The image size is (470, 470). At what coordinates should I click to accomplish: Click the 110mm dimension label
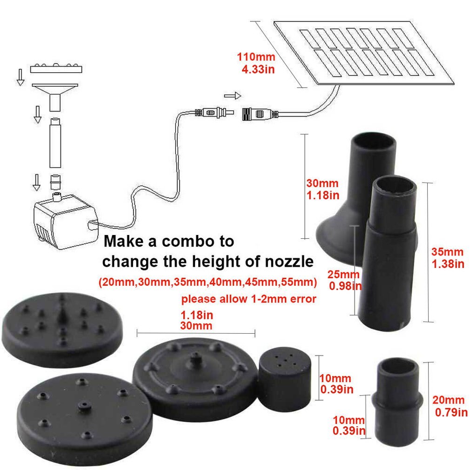click(256, 57)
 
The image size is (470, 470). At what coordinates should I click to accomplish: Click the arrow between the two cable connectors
click(233, 96)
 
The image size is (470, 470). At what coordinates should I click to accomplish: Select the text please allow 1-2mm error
click(249, 299)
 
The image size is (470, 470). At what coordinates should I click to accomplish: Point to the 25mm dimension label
click(343, 275)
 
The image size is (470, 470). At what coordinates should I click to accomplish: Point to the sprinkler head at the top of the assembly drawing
click(56, 69)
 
